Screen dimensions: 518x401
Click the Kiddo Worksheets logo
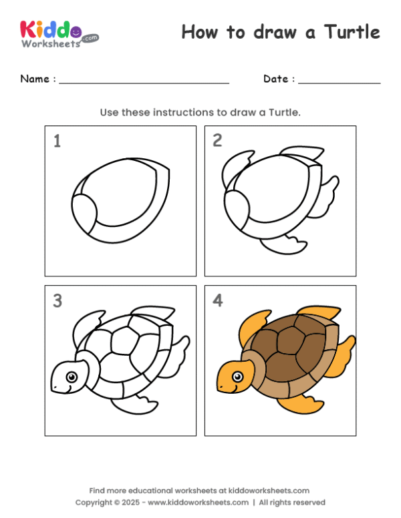click(x=59, y=33)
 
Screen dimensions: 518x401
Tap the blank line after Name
click(x=144, y=81)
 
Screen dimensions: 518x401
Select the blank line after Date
click(x=339, y=81)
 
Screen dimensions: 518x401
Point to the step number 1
click(x=57, y=141)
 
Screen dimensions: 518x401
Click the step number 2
click(x=217, y=140)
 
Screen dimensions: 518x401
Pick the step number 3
click(x=57, y=301)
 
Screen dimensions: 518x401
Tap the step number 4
click(x=217, y=301)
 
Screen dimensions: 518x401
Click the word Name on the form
click(x=34, y=79)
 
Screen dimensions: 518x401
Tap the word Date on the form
click(x=275, y=79)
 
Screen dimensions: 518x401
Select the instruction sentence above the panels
click(x=200, y=112)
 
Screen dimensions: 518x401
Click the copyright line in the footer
click(x=200, y=502)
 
